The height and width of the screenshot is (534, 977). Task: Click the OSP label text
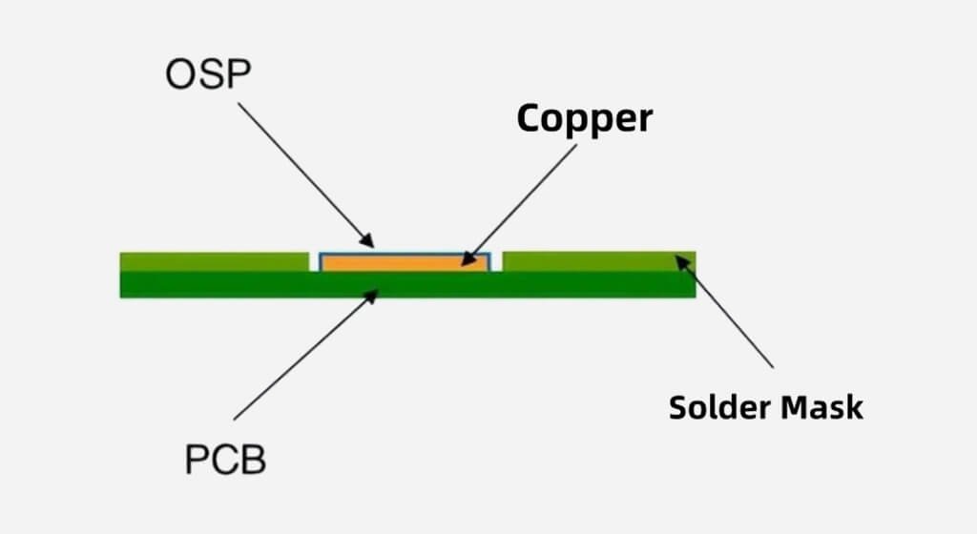[x=208, y=75]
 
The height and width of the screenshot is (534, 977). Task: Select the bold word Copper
[x=585, y=118]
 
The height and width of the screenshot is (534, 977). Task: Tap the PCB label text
[x=225, y=461]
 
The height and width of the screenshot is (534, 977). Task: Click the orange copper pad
[x=405, y=261]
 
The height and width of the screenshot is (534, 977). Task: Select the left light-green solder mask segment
[x=214, y=261]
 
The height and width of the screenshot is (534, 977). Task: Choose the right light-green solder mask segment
[x=597, y=260]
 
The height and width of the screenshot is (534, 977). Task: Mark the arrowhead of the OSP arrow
[x=370, y=243]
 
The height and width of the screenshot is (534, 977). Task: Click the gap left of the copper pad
[x=314, y=261]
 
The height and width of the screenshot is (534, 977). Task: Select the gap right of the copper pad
[x=497, y=261]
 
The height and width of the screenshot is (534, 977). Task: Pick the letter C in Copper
[x=530, y=118]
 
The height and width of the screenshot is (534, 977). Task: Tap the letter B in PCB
[x=253, y=461]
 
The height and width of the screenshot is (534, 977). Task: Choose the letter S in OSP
[x=209, y=75]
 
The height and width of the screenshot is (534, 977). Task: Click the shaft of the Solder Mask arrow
[x=730, y=316]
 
